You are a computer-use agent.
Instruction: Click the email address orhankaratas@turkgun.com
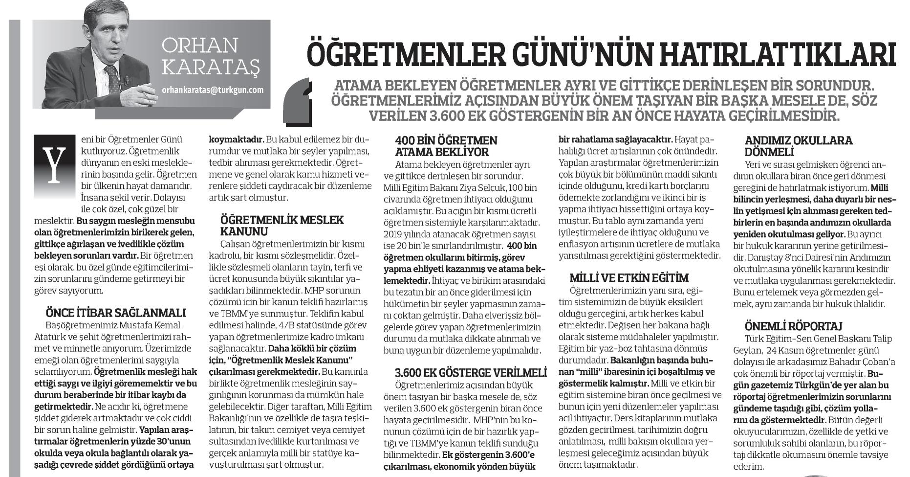pos(213,90)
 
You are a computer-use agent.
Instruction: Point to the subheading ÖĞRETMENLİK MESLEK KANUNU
pos(282,225)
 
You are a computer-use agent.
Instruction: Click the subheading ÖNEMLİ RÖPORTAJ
pos(786,326)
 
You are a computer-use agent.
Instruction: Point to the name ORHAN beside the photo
pos(200,46)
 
